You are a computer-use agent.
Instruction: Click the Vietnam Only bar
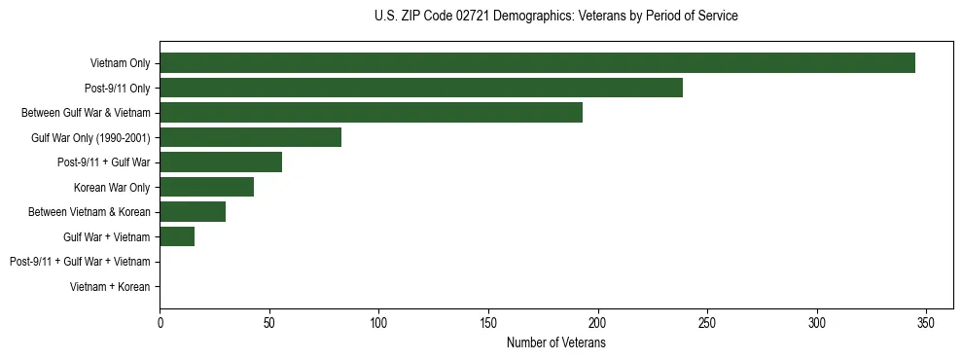(537, 63)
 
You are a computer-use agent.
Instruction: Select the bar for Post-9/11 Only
(421, 88)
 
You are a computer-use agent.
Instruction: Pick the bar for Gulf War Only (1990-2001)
(250, 137)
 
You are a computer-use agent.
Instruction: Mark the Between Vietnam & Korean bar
(193, 212)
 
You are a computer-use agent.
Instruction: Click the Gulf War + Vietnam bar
(177, 236)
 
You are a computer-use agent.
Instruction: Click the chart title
(555, 17)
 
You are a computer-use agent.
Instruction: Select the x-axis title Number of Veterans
(555, 343)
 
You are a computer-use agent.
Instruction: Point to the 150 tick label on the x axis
(488, 323)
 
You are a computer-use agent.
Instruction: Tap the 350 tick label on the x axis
(926, 323)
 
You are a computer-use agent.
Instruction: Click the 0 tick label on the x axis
(160, 323)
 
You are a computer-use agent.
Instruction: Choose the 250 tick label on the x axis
(707, 323)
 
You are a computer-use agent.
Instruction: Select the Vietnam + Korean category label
(110, 287)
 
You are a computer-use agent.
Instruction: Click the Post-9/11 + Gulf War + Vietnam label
(80, 262)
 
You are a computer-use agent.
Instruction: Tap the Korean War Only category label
(112, 187)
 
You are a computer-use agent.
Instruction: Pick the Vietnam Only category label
(120, 63)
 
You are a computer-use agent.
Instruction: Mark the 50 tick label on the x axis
(269, 323)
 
